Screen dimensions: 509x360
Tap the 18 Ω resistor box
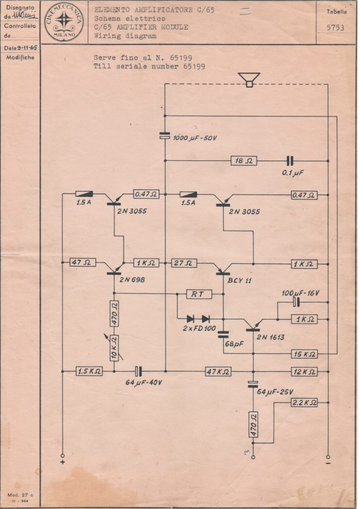click(244, 161)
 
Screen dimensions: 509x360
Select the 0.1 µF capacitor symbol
click(290, 161)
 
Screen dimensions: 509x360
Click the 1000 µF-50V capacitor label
click(195, 138)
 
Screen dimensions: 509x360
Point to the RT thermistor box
click(199, 294)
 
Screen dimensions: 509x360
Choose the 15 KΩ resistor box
click(304, 354)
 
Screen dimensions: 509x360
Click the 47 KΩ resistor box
click(218, 372)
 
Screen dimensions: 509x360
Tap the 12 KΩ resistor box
click(304, 372)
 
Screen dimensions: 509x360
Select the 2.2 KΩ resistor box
click(304, 403)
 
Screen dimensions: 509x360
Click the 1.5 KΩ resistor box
click(89, 371)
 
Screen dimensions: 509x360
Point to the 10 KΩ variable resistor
click(114, 348)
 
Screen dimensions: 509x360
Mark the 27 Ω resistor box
click(184, 263)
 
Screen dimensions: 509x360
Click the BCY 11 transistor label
click(240, 281)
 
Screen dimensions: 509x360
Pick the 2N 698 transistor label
click(132, 280)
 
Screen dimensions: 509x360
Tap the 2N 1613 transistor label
click(270, 337)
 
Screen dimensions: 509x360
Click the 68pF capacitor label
click(234, 344)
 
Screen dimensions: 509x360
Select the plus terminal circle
click(63, 456)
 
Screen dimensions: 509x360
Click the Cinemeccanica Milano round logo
click(64, 21)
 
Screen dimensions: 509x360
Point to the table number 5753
click(336, 28)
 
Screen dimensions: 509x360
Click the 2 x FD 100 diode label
click(199, 328)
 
